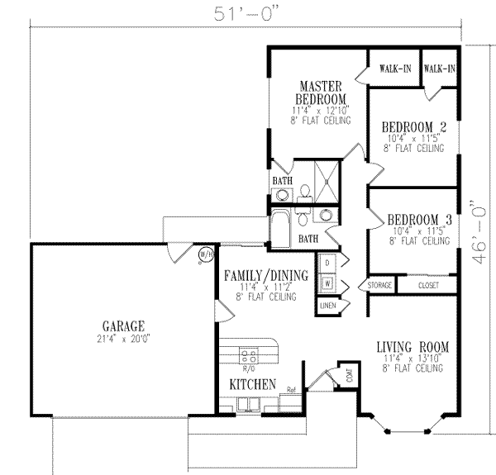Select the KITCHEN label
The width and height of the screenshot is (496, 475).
(251, 384)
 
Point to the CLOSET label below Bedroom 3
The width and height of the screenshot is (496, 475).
(428, 286)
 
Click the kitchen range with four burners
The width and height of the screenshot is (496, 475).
(248, 356)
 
